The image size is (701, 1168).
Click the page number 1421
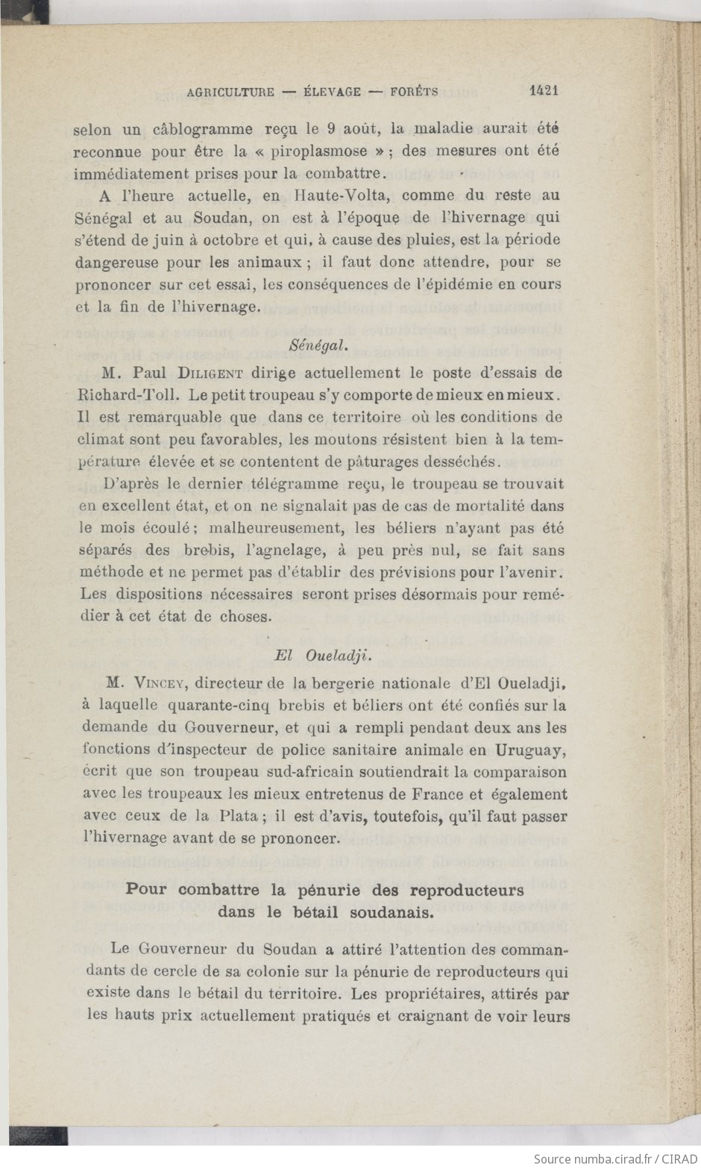tap(544, 90)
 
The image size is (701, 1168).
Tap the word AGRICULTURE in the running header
tap(230, 92)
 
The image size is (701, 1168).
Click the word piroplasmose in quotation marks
tap(319, 151)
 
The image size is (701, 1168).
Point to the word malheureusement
tap(277, 528)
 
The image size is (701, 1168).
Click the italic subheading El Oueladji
tap(323, 656)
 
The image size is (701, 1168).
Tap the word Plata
tap(238, 815)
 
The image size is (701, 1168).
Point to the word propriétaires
tap(444, 993)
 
